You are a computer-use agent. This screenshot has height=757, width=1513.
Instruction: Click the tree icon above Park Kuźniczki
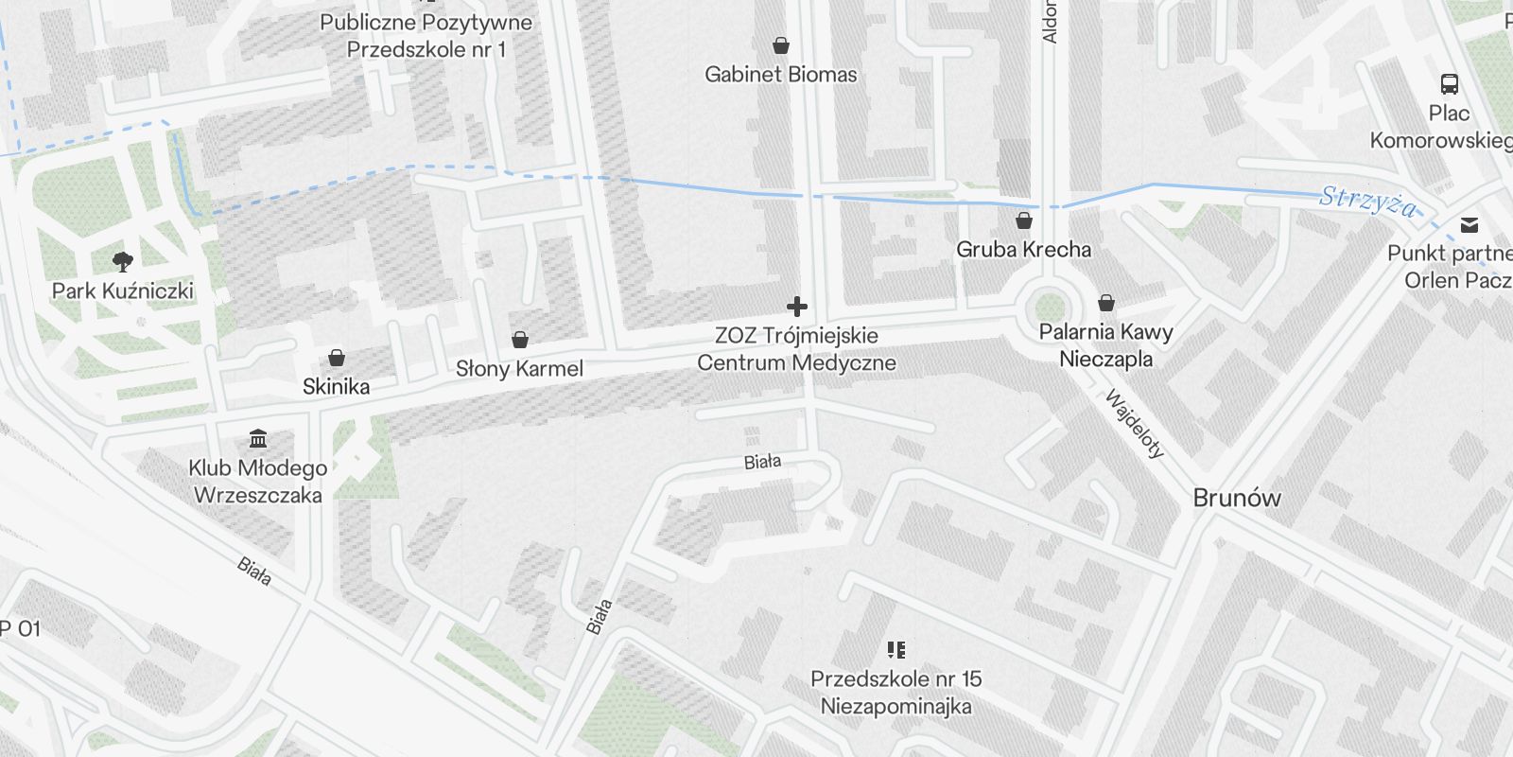pos(122,261)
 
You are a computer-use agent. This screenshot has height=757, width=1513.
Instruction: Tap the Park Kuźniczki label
pos(122,290)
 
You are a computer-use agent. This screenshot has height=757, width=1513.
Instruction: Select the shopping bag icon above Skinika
pos(336,358)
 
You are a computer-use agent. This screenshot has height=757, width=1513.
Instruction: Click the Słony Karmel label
pos(519,368)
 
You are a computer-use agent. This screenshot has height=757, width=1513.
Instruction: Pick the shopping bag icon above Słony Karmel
pos(519,340)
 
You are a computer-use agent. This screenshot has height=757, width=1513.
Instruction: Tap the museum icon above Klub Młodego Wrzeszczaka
pos(257,438)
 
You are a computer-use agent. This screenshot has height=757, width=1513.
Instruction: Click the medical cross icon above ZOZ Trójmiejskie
pos(797,307)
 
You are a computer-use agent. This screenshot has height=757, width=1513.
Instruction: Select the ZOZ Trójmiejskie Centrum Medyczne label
pos(796,349)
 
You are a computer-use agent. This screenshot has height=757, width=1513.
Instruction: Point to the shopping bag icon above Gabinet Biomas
pos(781,45)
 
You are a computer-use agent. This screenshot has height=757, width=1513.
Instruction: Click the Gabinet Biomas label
pos(781,74)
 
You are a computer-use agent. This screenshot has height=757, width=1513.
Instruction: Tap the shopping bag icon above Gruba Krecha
pos(1023,221)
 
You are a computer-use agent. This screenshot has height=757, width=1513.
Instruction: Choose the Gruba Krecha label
pos(1023,250)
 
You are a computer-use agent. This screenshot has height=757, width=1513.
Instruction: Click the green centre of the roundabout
pos(1050,307)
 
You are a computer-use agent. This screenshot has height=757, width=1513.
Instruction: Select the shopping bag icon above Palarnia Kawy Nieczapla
pos(1105,304)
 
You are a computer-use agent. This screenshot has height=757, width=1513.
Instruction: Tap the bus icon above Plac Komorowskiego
pos(1449,84)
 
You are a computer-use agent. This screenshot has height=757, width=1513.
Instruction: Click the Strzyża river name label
pos(1368,202)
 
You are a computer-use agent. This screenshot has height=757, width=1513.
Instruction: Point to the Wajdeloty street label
pos(1134,424)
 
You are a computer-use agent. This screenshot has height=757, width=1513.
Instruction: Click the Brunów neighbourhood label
pos(1237,498)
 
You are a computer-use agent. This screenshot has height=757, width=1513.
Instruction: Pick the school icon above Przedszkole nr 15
pos(896,650)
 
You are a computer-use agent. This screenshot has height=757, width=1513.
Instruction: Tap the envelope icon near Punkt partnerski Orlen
pos(1469,225)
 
